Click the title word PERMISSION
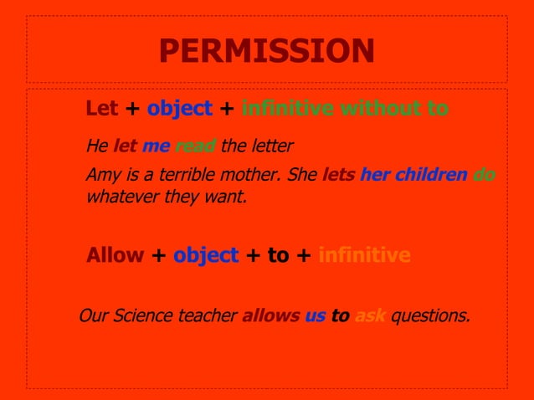pyautogui.click(x=266, y=51)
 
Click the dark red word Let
pyautogui.click(x=102, y=109)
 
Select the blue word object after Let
pyautogui.click(x=180, y=109)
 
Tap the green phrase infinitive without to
pyautogui.click(x=345, y=109)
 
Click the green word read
pyautogui.click(x=195, y=146)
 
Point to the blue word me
pyautogui.click(x=156, y=146)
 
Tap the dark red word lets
pyautogui.click(x=338, y=176)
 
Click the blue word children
pyautogui.click(x=430, y=176)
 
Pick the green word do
pyautogui.click(x=484, y=176)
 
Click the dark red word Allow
pyautogui.click(x=115, y=255)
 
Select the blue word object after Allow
pyautogui.click(x=206, y=255)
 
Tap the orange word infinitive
pyautogui.click(x=365, y=255)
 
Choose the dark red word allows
pyautogui.click(x=270, y=316)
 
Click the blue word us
pyautogui.click(x=315, y=316)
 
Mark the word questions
pyautogui.click(x=431, y=316)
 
